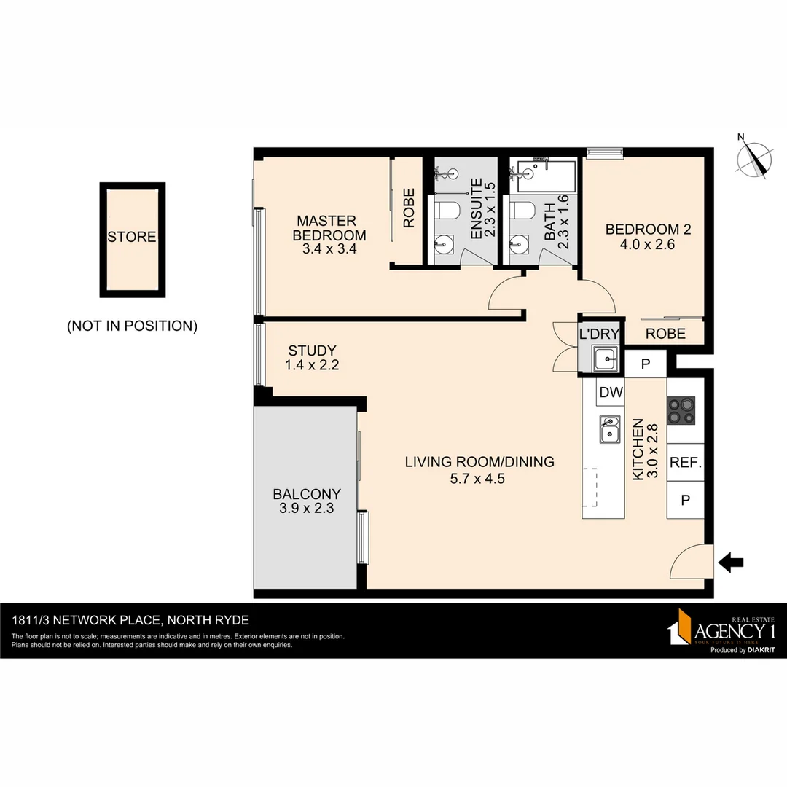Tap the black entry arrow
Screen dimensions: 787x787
[730, 562]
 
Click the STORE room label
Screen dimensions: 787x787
[132, 237]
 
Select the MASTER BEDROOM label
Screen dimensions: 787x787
[329, 228]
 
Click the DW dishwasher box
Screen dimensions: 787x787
[611, 393]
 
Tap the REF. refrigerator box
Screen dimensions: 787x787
[685, 462]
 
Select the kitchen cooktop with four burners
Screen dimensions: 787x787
[681, 412]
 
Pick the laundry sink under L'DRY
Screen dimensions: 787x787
[604, 359]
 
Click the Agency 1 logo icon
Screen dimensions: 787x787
[681, 626]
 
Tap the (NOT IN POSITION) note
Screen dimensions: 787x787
[132, 326]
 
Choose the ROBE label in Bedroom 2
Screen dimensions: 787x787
[665, 334]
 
